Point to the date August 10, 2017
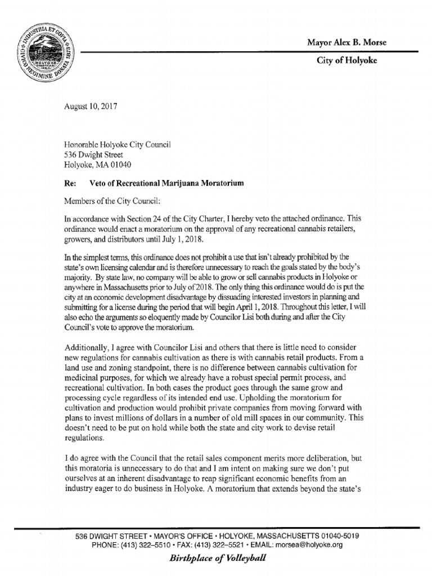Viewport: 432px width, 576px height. [90, 106]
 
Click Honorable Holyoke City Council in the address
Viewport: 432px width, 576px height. [117, 145]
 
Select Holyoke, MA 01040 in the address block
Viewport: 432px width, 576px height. [97, 165]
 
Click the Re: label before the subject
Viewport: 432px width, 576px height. [70, 184]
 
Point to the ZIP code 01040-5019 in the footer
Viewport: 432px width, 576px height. [332, 536]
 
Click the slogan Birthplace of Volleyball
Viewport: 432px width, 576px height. [215, 559]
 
